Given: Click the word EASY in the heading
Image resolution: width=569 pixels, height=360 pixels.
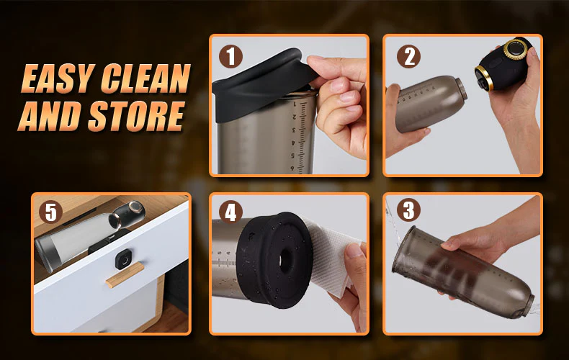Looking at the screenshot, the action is point(58,78).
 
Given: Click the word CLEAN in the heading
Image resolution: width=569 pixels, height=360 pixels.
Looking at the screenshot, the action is point(146,78).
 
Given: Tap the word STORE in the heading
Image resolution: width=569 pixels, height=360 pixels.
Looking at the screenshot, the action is point(136,116).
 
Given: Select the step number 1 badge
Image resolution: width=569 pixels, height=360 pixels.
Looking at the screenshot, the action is point(230,57).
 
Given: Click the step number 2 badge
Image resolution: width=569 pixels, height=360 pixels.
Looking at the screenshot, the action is point(408,57).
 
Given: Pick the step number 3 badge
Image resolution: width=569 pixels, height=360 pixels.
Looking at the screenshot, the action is point(408,210).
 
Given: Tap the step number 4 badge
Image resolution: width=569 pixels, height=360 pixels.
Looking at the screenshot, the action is point(230,212).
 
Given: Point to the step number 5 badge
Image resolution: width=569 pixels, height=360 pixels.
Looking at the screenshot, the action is point(51,212).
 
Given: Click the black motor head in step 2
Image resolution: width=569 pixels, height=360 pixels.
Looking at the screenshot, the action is point(503,64).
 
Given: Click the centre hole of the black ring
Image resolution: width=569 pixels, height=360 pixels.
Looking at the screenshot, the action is point(286,260).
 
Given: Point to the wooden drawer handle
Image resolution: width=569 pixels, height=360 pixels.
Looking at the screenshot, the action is point(125,275).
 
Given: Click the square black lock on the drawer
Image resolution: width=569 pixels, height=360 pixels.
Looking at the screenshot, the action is point(124,260).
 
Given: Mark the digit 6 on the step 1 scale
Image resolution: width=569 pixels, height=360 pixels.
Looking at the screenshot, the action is point(292,168).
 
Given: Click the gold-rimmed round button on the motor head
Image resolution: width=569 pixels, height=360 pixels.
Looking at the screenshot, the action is point(514,48).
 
